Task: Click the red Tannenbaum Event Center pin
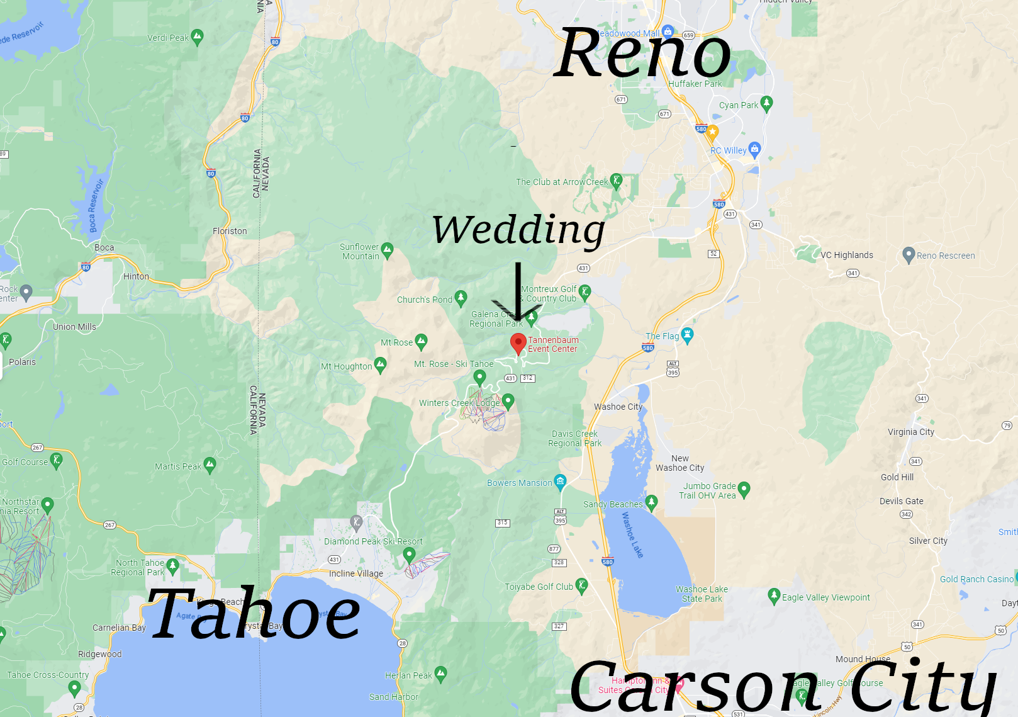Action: pos(518,343)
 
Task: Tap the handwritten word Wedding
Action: pos(518,230)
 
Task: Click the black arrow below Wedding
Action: pos(517,293)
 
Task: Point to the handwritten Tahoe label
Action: pos(254,614)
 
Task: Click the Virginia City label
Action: pos(910,432)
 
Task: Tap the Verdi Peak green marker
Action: pos(197,37)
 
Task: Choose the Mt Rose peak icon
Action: pos(421,342)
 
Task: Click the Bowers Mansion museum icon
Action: pos(560,482)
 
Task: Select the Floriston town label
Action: pos(230,231)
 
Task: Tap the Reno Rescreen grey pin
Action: pos(908,255)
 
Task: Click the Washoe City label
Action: pos(618,407)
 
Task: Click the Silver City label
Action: pos(928,541)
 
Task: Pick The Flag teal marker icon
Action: pos(687,336)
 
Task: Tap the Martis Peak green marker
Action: pos(210,465)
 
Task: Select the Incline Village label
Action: pos(355,573)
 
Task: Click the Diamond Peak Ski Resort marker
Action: pos(409,555)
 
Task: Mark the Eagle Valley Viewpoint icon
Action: pos(774,596)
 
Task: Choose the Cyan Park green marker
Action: pos(766,103)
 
